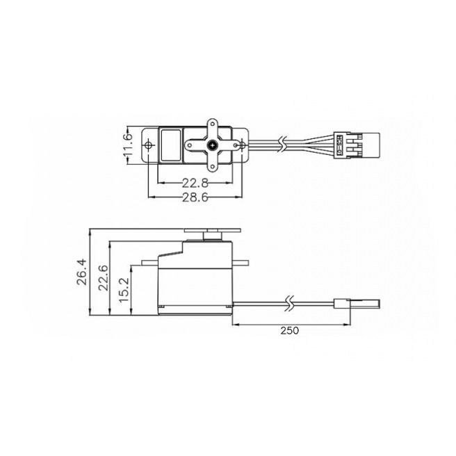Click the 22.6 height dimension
point(102,277)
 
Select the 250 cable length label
point(290,330)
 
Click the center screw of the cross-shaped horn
point(211,146)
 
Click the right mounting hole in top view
point(241,146)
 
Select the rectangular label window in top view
point(170,145)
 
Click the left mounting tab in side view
point(149,263)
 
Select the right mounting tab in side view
point(241,263)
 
